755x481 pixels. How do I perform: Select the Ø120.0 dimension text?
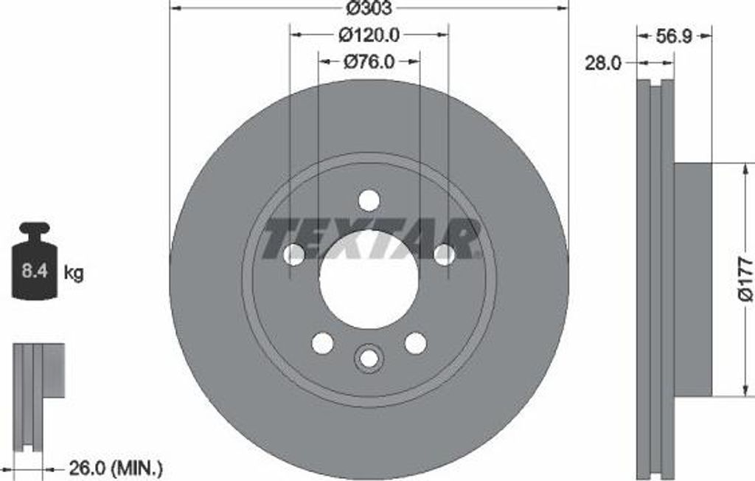click(x=369, y=34)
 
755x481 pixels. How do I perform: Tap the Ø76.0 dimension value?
click(x=369, y=62)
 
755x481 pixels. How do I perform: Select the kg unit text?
click(x=74, y=273)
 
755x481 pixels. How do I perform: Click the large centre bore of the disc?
click(x=369, y=278)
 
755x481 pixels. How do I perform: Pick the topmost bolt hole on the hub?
click(x=369, y=200)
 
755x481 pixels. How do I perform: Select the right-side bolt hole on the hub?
click(x=444, y=255)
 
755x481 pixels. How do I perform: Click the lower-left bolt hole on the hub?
click(x=322, y=343)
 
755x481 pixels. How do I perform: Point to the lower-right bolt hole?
click(x=416, y=343)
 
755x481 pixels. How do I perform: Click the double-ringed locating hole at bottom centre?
click(x=369, y=358)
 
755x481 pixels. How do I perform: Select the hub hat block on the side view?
click(x=693, y=279)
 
